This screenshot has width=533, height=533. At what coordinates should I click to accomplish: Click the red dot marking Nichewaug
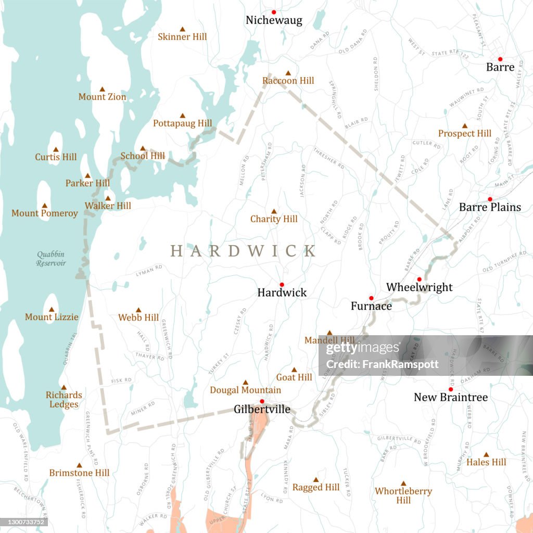coord(274,12)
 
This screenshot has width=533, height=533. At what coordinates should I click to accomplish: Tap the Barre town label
coord(500,67)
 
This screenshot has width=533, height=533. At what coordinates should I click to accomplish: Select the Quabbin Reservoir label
coord(51,259)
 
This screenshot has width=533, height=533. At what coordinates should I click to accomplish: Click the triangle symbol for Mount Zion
coord(103,89)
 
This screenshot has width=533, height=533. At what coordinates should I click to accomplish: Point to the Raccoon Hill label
coord(288,81)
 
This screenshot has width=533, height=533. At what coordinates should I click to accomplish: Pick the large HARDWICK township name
coord(243,251)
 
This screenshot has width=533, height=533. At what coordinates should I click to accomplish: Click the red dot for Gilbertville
coord(262,401)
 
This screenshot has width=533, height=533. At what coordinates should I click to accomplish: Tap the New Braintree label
coord(451,398)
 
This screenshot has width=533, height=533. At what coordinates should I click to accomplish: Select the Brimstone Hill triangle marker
coord(80,465)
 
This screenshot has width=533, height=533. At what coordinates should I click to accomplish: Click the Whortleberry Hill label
coord(403,496)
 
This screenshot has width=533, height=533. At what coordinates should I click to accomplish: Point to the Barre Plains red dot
coord(490,199)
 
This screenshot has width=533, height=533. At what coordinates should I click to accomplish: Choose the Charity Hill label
coord(274,219)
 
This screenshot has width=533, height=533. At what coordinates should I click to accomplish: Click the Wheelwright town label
coord(419,287)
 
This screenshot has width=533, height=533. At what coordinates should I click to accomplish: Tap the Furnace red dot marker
coord(371,298)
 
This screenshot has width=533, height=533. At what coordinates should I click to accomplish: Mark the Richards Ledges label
coord(64,400)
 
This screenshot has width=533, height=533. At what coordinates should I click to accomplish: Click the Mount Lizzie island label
coord(52,317)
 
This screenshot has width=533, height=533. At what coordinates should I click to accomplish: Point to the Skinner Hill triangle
coord(182,29)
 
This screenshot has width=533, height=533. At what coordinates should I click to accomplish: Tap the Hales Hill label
coord(486,462)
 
